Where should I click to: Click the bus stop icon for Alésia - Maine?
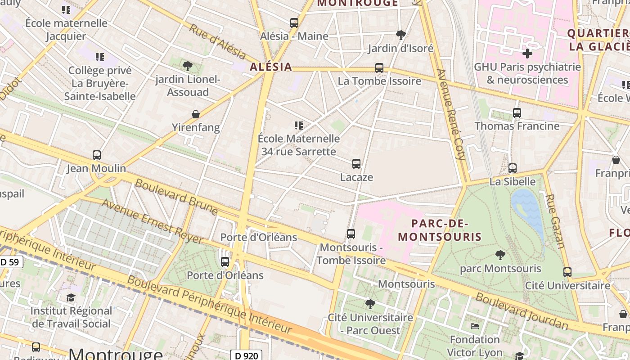(x=294, y=22)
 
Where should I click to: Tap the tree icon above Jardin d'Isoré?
(x=400, y=35)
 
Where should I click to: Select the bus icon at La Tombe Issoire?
(x=379, y=68)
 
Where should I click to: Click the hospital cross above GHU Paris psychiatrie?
(x=527, y=54)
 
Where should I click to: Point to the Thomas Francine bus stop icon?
(x=517, y=113)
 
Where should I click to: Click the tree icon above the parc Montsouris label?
(x=500, y=255)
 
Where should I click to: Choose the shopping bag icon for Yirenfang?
(x=196, y=114)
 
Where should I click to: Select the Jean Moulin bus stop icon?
(x=96, y=155)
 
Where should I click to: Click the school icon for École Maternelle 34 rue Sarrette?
(x=299, y=125)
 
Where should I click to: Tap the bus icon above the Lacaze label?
(x=356, y=164)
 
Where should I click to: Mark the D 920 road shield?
(x=246, y=355)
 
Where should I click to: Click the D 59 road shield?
(x=11, y=261)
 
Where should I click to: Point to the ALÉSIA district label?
(x=271, y=67)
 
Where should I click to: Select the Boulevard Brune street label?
(x=176, y=197)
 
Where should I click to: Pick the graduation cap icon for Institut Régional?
(x=71, y=298)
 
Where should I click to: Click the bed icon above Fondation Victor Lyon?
(x=475, y=326)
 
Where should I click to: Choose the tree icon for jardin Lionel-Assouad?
(x=188, y=66)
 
